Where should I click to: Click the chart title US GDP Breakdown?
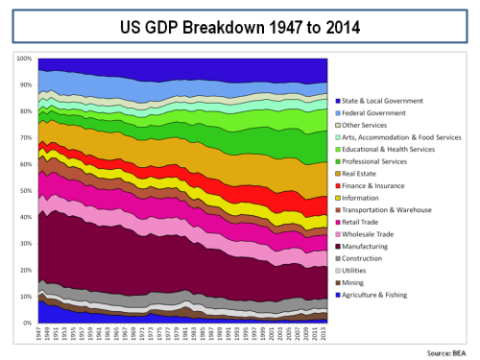click(x=240, y=26)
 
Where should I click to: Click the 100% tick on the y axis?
click(x=25, y=59)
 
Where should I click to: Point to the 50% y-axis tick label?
click(x=26, y=191)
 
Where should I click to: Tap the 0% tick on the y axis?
click(x=28, y=323)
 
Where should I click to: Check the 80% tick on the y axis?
click(x=26, y=111)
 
